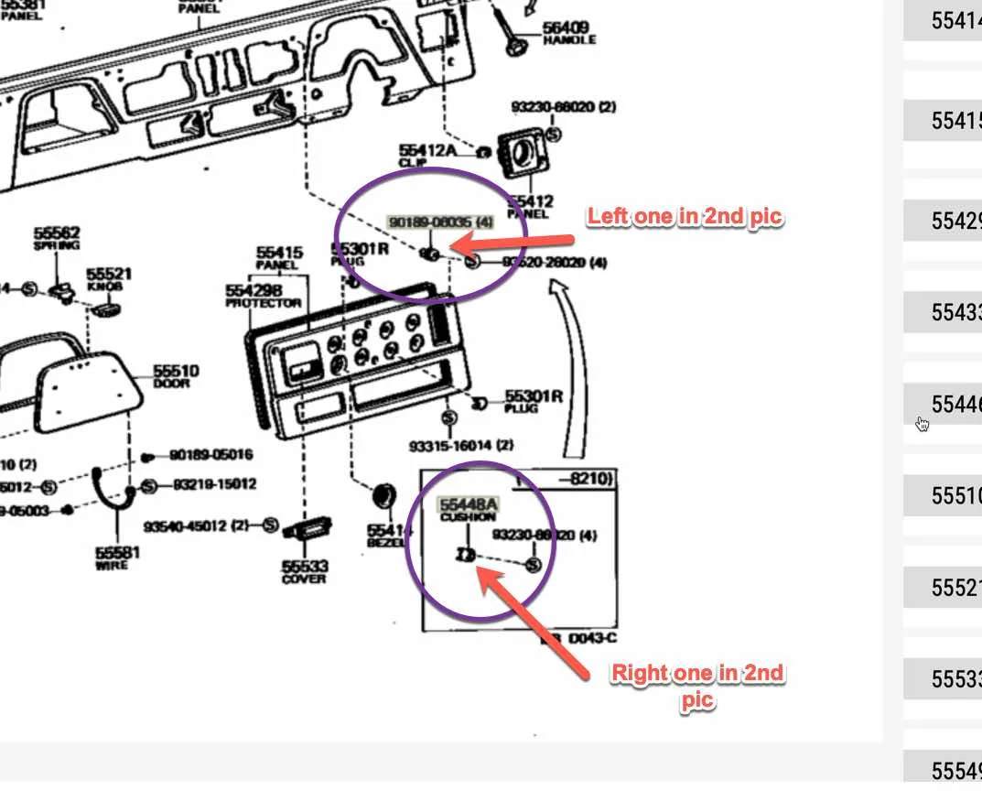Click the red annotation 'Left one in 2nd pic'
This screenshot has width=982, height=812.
pyautogui.click(x=685, y=217)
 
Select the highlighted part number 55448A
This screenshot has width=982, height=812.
pyautogui.click(x=468, y=503)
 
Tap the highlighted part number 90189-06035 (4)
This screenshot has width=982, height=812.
pyautogui.click(x=441, y=222)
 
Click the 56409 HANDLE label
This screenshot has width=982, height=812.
pyautogui.click(x=567, y=34)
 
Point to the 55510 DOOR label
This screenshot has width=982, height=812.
pyautogui.click(x=176, y=375)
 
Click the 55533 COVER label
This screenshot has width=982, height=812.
pyautogui.click(x=305, y=572)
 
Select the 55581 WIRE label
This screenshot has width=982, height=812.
pyautogui.click(x=118, y=558)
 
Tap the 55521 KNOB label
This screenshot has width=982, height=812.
pyautogui.click(x=110, y=279)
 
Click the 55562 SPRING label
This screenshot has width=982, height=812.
pyautogui.click(x=57, y=238)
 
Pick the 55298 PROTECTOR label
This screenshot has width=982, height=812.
pyautogui.click(x=263, y=296)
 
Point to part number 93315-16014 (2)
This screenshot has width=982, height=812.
pyautogui.click(x=461, y=446)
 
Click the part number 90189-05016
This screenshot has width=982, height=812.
pyautogui.click(x=211, y=455)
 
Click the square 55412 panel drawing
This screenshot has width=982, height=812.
pyautogui.click(x=520, y=155)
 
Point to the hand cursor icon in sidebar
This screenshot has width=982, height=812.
pyautogui.click(x=923, y=424)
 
